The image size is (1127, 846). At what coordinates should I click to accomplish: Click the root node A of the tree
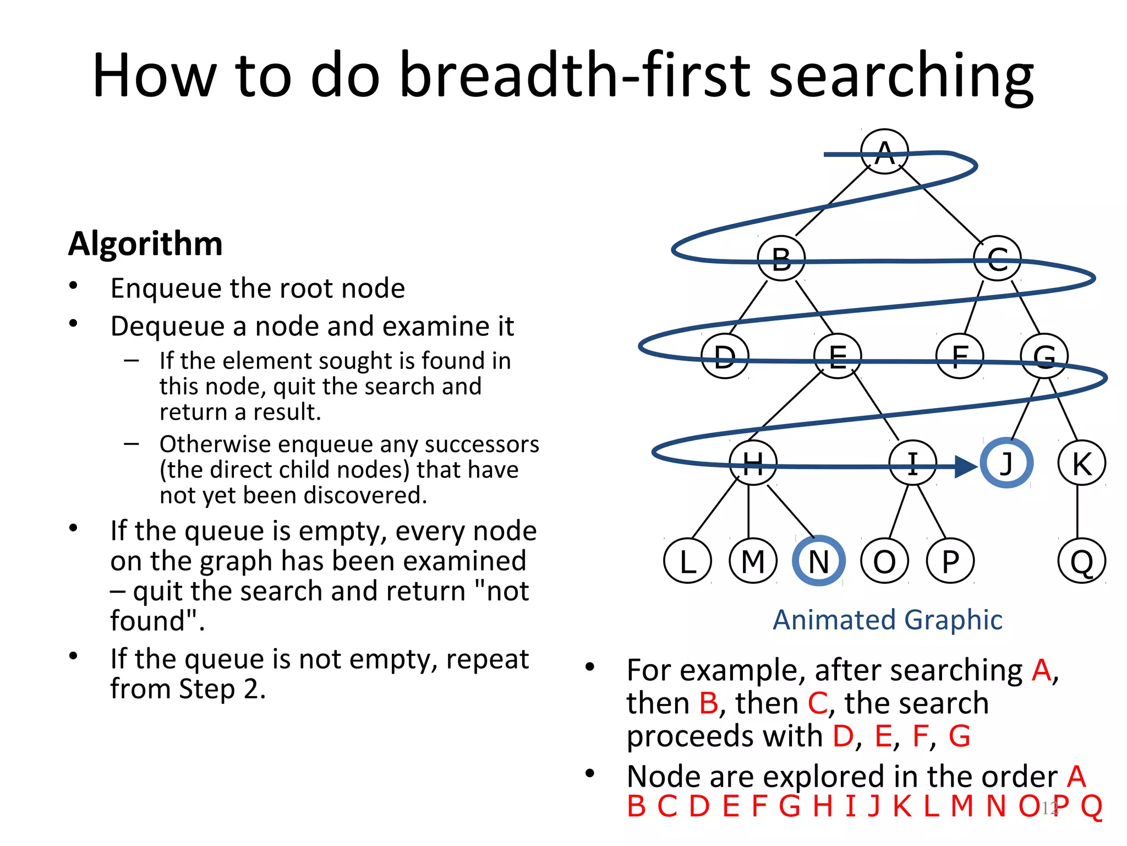[x=884, y=152]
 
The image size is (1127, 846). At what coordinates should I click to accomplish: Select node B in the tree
[x=781, y=258]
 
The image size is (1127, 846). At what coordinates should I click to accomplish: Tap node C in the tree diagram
[x=997, y=258]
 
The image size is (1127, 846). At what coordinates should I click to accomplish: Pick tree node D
[x=725, y=356]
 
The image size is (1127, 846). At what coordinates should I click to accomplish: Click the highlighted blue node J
[x=1006, y=463]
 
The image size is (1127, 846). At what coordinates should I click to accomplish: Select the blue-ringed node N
[x=818, y=561]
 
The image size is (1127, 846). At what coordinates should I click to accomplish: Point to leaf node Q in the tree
[x=1081, y=561]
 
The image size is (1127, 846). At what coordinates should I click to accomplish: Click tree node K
[x=1081, y=463]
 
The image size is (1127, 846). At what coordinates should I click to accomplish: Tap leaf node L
[x=687, y=561]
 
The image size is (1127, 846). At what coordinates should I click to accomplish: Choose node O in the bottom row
[x=884, y=561]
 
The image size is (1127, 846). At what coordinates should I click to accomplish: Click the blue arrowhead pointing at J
[x=965, y=467]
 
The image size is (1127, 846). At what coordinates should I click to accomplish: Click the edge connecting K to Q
[x=1077, y=512]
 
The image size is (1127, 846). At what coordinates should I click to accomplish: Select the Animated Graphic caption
[x=887, y=620]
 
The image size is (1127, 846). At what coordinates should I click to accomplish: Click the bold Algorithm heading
[x=145, y=243]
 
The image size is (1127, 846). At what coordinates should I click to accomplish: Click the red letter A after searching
[x=1041, y=670]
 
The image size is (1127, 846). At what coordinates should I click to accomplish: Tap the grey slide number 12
[x=1049, y=808]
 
